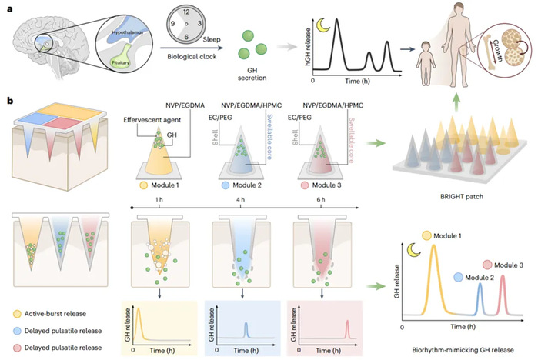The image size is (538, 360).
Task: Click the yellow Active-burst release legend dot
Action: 16,314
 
